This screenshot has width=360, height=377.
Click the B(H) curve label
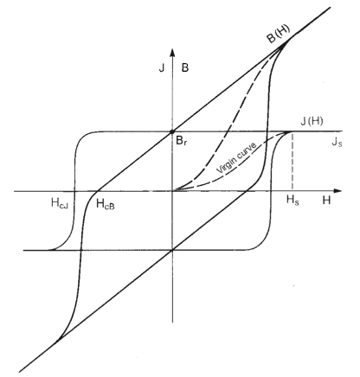point(279,34)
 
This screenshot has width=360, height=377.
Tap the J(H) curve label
point(312,121)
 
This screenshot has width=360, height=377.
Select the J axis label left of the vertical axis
point(162,68)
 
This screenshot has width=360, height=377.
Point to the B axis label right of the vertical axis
point(185,68)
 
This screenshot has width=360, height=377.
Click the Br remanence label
point(182,141)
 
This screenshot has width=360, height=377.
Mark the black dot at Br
point(172,131)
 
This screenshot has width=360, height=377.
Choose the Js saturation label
point(337,142)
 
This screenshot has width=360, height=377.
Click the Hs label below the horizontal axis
point(292,200)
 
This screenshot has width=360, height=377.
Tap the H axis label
point(326,200)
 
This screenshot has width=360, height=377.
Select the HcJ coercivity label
point(60,203)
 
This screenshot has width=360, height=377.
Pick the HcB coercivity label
point(106,204)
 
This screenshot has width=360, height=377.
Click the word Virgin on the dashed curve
point(226,165)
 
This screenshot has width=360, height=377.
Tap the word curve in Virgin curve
point(246,150)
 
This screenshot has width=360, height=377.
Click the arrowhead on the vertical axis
point(172,53)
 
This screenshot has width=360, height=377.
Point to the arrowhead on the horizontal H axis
point(337,191)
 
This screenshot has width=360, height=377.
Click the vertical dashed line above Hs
point(292,162)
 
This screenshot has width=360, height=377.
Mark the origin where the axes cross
point(172,191)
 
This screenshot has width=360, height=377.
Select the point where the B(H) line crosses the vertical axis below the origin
point(172,250)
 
